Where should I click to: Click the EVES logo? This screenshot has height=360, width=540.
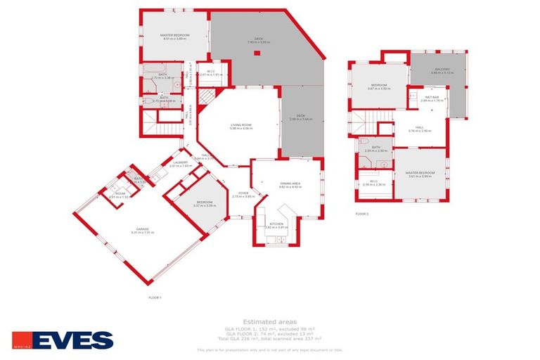[x=63, y=340]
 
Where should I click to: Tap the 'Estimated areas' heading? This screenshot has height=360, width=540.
[x=269, y=321]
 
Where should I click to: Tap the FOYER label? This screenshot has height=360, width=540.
[x=243, y=194]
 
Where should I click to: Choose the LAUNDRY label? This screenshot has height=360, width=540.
[x=180, y=164]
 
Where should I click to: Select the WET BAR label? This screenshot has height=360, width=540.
[x=430, y=98]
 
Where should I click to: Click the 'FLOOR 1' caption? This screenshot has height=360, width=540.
[x=155, y=297]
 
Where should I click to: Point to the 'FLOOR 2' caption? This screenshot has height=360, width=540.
[x=362, y=212]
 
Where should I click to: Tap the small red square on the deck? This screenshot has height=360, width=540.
[x=257, y=53]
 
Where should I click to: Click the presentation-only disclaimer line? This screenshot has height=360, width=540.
[x=270, y=349]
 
